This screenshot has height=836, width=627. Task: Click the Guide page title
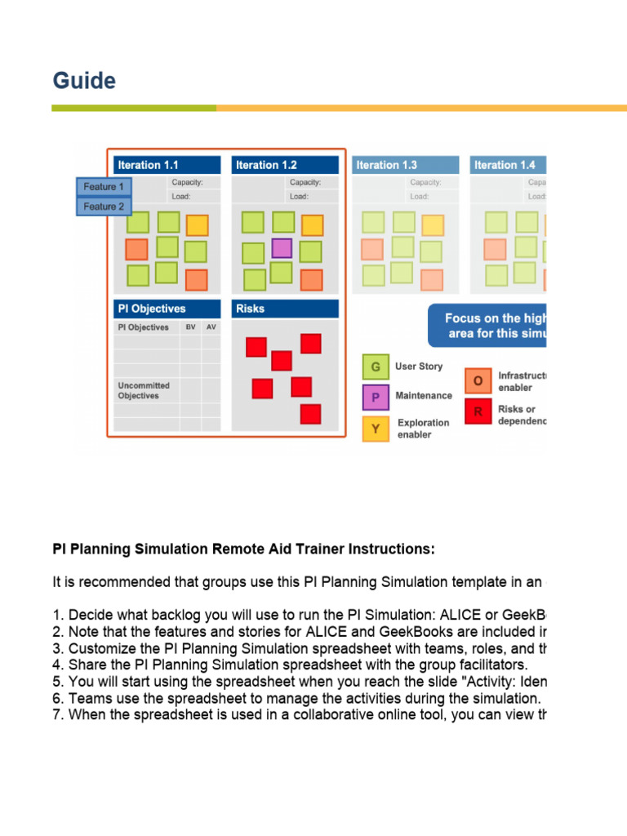coord(84,81)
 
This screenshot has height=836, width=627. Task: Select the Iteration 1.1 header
coord(167,165)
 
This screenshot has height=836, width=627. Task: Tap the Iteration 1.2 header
coord(284,165)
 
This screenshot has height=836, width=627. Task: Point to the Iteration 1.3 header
coord(405,165)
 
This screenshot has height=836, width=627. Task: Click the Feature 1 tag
coord(104,187)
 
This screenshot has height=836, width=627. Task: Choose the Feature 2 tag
coord(104,207)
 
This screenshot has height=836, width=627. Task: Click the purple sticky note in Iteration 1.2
coord(282,247)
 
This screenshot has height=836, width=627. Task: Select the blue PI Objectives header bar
coord(167,309)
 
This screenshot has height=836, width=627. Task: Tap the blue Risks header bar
coord(284,309)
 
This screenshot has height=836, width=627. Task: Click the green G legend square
coord(376,367)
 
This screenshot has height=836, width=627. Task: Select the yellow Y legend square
coord(376,428)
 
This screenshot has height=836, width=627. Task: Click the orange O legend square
coord(478,380)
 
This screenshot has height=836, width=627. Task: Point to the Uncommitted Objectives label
coord(144,390)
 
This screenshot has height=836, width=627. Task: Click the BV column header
coord(190,327)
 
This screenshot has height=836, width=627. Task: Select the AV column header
coord(211,327)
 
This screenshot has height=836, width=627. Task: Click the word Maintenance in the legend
coord(424,396)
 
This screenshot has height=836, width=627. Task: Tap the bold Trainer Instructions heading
coord(243,549)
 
